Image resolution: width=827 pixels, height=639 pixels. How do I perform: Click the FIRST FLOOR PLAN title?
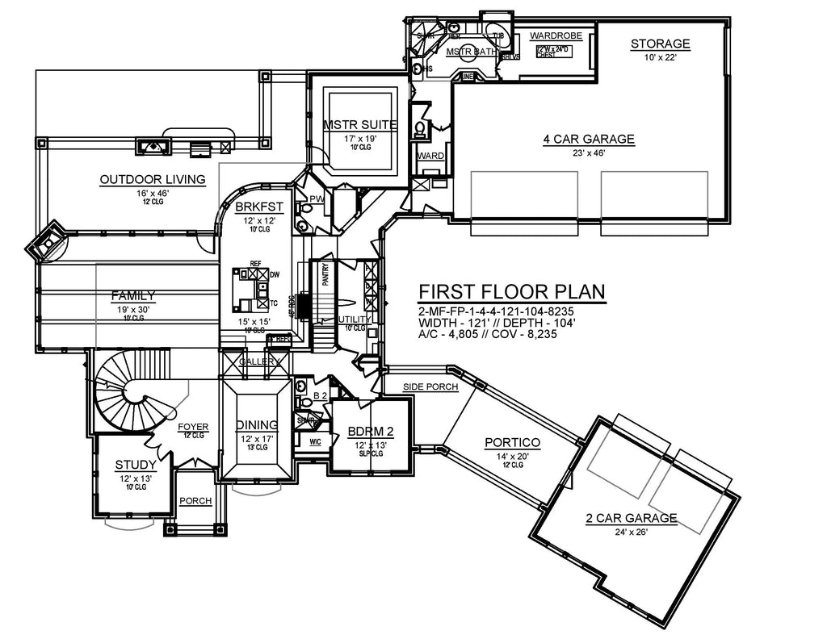coord(512,291)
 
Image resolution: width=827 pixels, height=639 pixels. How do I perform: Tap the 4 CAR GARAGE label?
coord(588,139)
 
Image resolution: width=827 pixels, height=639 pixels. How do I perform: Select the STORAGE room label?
coord(660,44)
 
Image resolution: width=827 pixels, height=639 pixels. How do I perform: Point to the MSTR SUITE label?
coord(359,125)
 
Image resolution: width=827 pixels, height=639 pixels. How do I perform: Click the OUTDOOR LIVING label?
coord(152,179)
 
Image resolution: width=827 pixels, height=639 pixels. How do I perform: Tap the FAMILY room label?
coord(133,296)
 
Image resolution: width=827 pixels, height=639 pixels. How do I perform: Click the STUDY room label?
coord(135,464)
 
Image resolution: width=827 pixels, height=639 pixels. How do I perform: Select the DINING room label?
coord(257,425)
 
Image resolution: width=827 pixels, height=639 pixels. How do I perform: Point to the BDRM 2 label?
coord(371,432)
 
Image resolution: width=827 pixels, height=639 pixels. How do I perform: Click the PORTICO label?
coord(512,442)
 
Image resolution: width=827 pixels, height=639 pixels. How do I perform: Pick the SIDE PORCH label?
coord(431,387)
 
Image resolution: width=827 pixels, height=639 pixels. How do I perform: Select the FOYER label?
coord(194,427)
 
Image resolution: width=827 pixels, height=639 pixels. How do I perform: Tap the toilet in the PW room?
coord(305,207)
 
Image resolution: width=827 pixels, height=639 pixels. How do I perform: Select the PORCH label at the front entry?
coord(195,501)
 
